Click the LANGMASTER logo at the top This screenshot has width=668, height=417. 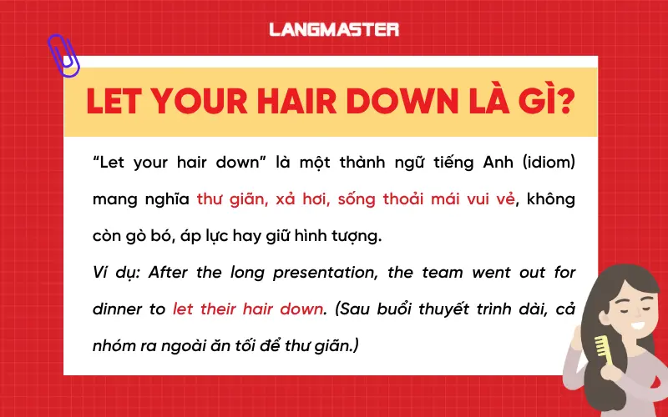coord(333,29)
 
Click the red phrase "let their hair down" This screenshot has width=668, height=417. coord(248,308)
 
